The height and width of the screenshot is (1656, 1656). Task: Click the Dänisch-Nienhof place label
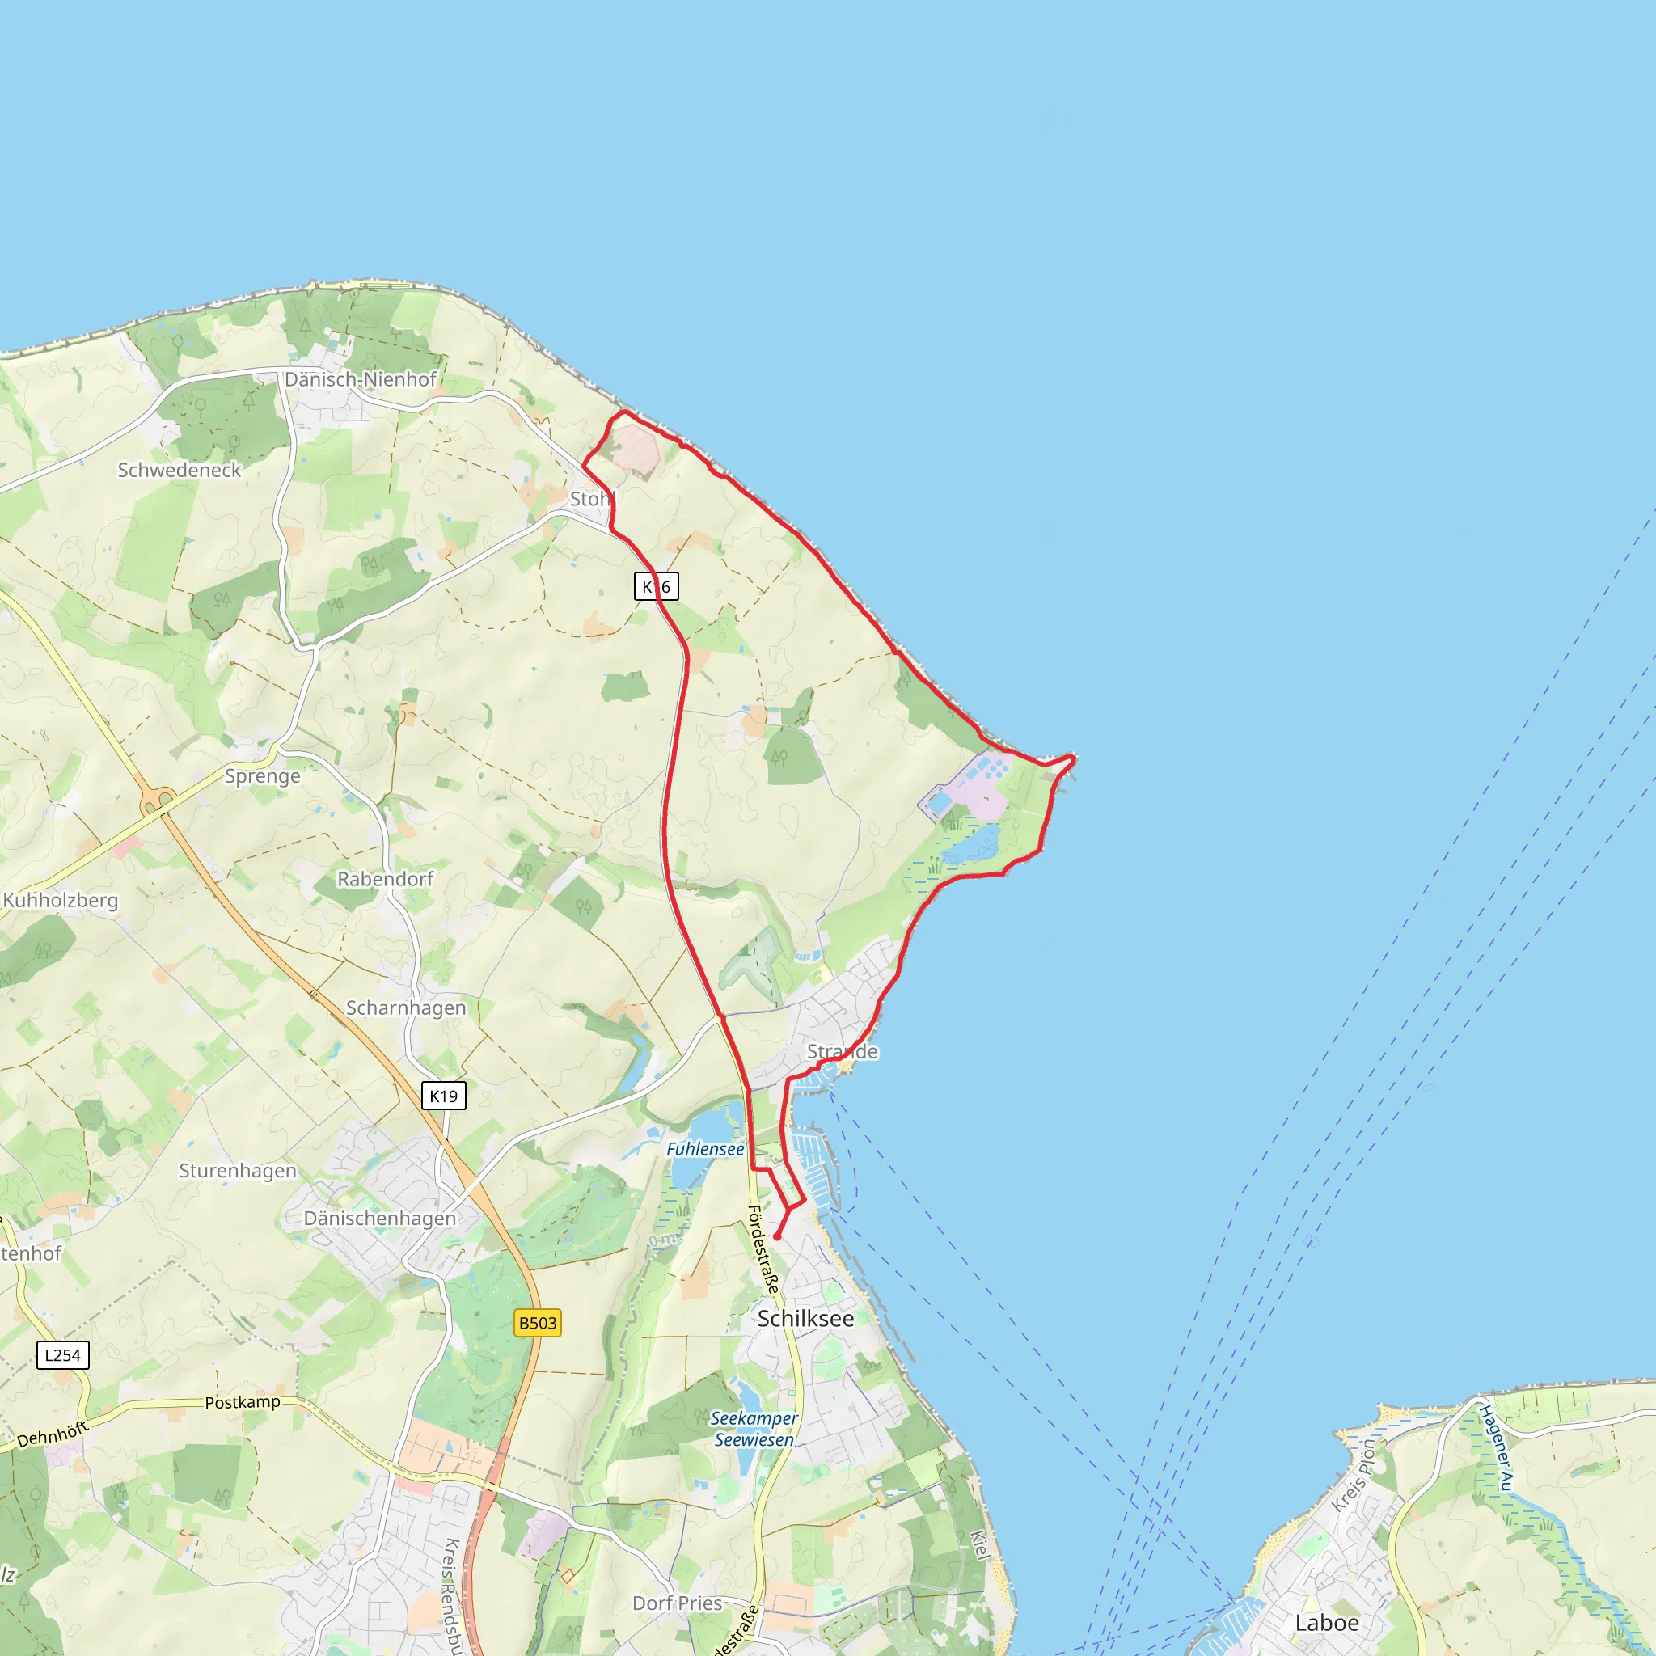360,379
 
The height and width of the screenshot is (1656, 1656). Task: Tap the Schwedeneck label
180,470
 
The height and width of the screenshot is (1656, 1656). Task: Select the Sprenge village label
262,775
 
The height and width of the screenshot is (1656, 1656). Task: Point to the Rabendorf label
385,879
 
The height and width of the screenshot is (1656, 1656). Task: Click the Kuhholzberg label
60,900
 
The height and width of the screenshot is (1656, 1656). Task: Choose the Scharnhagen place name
405,1008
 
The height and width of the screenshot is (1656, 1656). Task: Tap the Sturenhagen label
238,1170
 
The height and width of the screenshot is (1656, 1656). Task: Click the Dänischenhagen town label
380,1218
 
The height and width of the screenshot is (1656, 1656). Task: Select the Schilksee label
805,1318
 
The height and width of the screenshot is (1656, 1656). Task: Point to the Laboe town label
1327,1623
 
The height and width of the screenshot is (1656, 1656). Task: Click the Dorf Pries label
677,1603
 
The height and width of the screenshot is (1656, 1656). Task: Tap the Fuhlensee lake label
704,1148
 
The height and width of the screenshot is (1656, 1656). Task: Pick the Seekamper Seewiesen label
754,1429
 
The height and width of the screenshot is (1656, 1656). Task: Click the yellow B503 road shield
538,1323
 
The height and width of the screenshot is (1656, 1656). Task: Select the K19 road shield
443,1096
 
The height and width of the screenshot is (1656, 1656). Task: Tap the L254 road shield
62,1355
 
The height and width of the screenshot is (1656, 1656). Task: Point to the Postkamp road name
243,1402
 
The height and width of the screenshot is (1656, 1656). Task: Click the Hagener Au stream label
1497,1447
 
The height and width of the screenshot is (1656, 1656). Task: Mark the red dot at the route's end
776,1237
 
